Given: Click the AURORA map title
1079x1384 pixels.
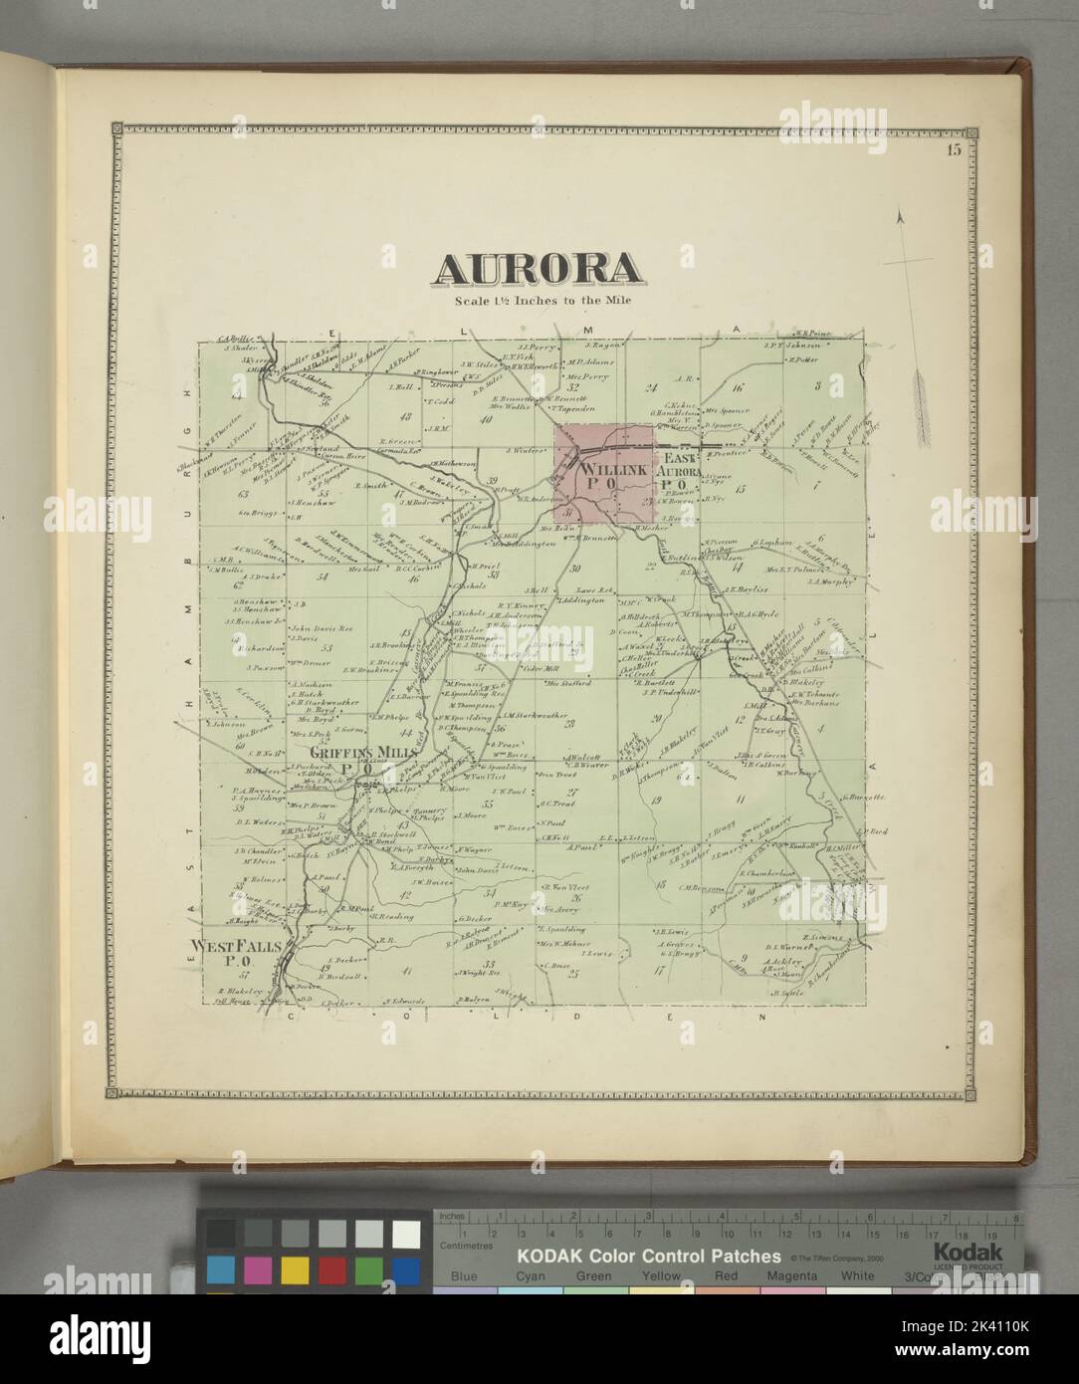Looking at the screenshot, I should (x=537, y=269).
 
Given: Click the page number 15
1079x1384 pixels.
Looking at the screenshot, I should (x=954, y=150).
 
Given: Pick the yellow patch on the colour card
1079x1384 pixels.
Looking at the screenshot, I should (x=295, y=1270).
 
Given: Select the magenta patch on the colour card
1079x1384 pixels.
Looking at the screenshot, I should (x=257, y=1270).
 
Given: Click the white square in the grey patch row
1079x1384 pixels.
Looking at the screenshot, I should (x=405, y=1235).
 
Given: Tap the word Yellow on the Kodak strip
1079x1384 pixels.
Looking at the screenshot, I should (x=661, y=1276).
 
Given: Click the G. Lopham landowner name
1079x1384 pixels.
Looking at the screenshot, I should (x=771, y=543).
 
